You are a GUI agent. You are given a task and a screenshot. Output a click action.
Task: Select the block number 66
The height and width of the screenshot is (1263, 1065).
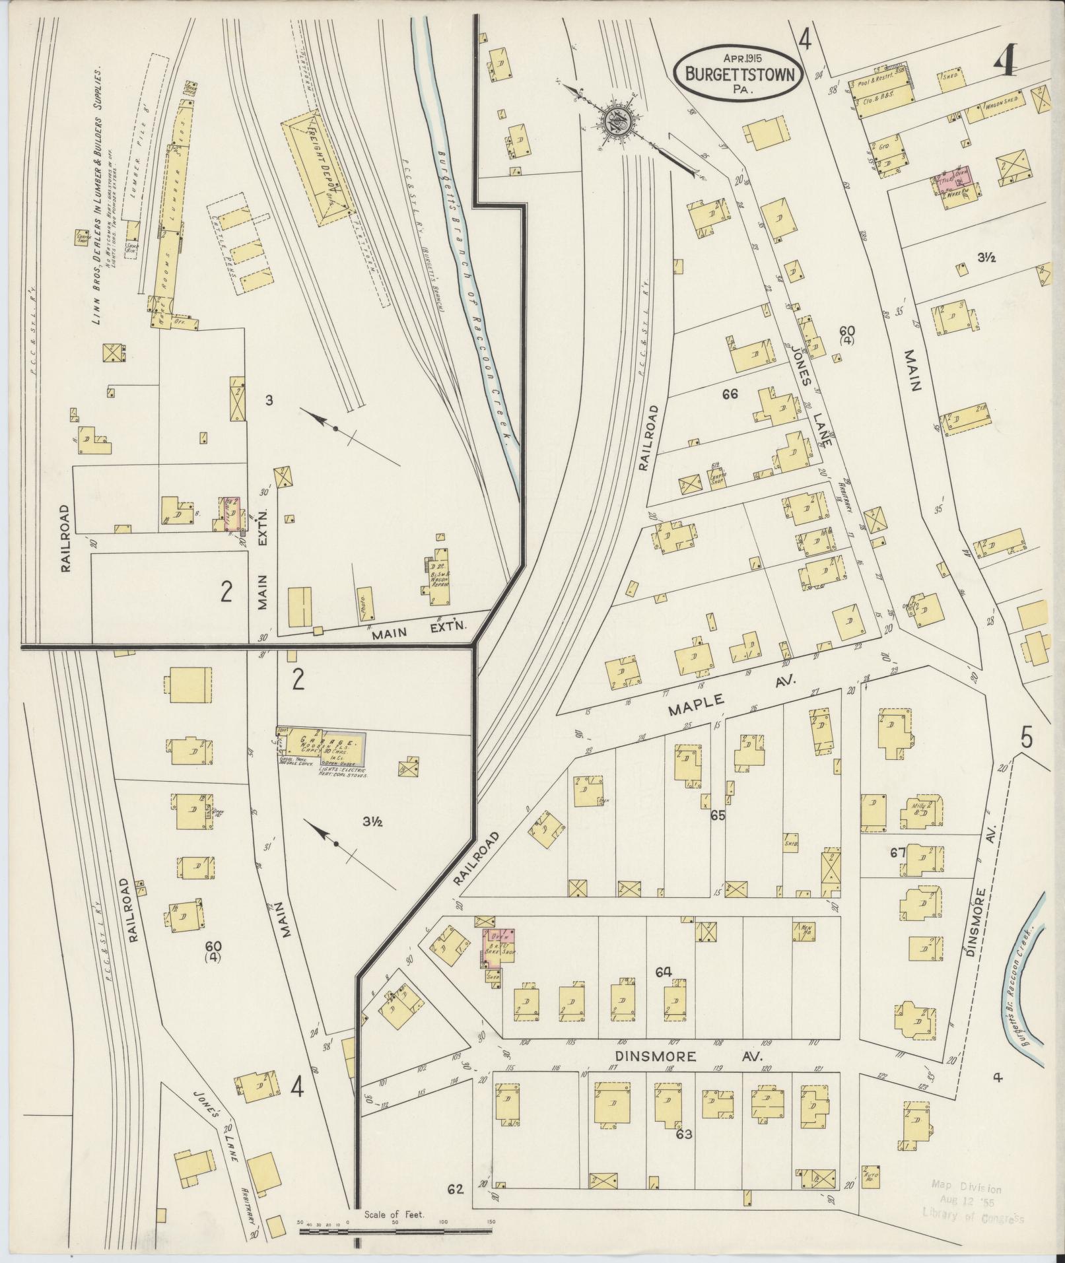click(730, 395)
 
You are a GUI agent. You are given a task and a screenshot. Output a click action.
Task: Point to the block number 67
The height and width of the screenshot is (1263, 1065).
click(897, 852)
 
